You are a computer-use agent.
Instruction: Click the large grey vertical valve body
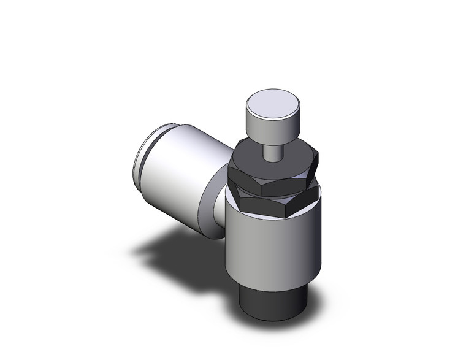click(x=273, y=245)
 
